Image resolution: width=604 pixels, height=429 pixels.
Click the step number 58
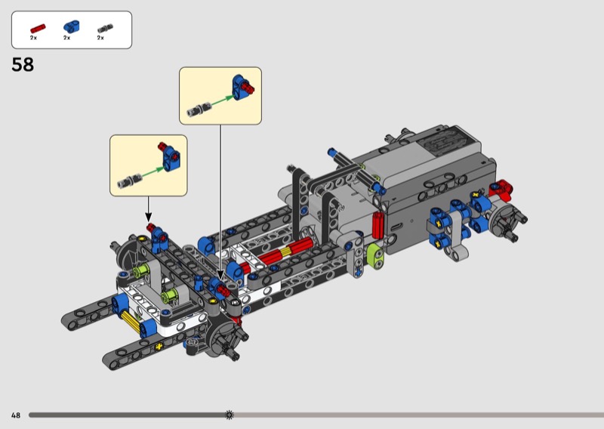pyautogui.click(x=23, y=64)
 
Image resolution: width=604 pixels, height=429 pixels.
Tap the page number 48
pyautogui.click(x=16, y=415)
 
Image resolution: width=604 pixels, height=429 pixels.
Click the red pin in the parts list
pyautogui.click(x=38, y=29)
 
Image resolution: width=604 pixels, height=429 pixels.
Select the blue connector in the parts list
pyautogui.click(x=71, y=26)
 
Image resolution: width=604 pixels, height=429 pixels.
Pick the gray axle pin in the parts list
pyautogui.click(x=105, y=28)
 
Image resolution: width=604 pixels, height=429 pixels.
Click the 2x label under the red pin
pyautogui.click(x=33, y=38)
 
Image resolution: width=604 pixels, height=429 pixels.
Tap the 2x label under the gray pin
pyautogui.click(x=100, y=38)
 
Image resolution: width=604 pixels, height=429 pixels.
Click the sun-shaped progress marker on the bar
pyautogui.click(x=230, y=415)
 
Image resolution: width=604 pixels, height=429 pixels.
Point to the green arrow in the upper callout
pyautogui.click(x=222, y=100)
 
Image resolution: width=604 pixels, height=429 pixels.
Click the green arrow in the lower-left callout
pyautogui.click(x=153, y=171)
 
